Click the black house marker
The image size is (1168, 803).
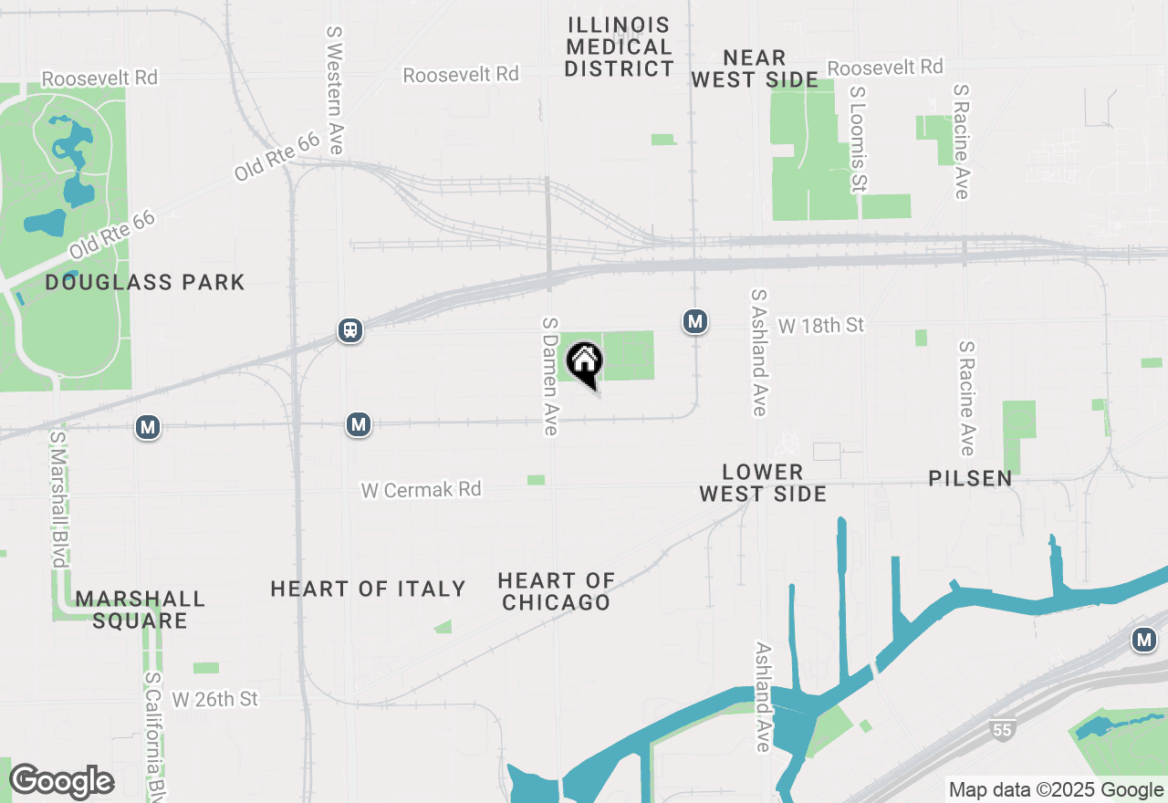(x=585, y=362)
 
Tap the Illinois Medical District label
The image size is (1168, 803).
(x=619, y=47)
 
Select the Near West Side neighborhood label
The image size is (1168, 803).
(x=754, y=68)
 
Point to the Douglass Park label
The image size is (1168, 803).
(x=145, y=282)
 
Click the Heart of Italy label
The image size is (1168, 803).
(x=368, y=589)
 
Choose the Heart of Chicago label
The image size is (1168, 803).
(x=556, y=591)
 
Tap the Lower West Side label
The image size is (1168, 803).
(x=763, y=483)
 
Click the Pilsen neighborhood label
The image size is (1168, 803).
(x=970, y=478)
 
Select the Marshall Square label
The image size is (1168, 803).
(x=141, y=610)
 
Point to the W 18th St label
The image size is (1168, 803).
(x=820, y=325)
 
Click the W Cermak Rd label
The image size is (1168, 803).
(x=421, y=490)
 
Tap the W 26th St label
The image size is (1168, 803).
(x=215, y=699)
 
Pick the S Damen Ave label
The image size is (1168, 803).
(x=549, y=376)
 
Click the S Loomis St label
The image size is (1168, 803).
(x=857, y=140)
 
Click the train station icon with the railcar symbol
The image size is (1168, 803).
(x=350, y=329)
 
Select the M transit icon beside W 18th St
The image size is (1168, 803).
(x=695, y=321)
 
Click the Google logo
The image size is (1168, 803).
(x=61, y=781)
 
